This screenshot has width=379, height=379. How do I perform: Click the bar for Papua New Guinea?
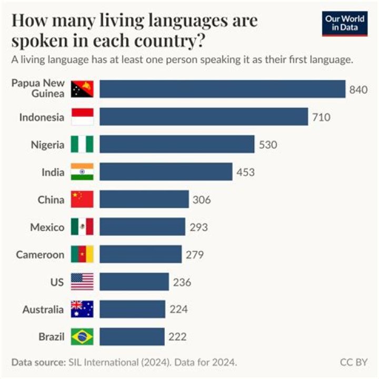click(x=222, y=89)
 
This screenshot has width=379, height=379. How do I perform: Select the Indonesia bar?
click(x=203, y=117)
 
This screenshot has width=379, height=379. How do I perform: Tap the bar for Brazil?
click(x=132, y=336)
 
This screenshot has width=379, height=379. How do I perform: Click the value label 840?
click(x=358, y=90)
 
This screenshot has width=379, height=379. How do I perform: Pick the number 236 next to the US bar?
click(x=182, y=282)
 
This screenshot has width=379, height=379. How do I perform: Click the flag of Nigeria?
click(x=82, y=144)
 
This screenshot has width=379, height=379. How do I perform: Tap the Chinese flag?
click(x=82, y=200)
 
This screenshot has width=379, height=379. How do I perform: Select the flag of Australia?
click(x=82, y=309)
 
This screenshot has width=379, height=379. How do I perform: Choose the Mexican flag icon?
click(x=82, y=227)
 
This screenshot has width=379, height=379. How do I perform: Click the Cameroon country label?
click(x=40, y=255)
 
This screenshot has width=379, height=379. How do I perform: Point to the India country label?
click(x=53, y=172)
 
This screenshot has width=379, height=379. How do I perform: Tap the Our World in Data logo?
click(x=345, y=23)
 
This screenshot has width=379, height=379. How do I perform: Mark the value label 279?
click(x=195, y=255)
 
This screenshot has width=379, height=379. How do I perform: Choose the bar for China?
click(x=144, y=200)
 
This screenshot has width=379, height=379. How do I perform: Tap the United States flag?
click(x=82, y=282)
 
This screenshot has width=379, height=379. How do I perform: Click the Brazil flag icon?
click(x=82, y=336)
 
